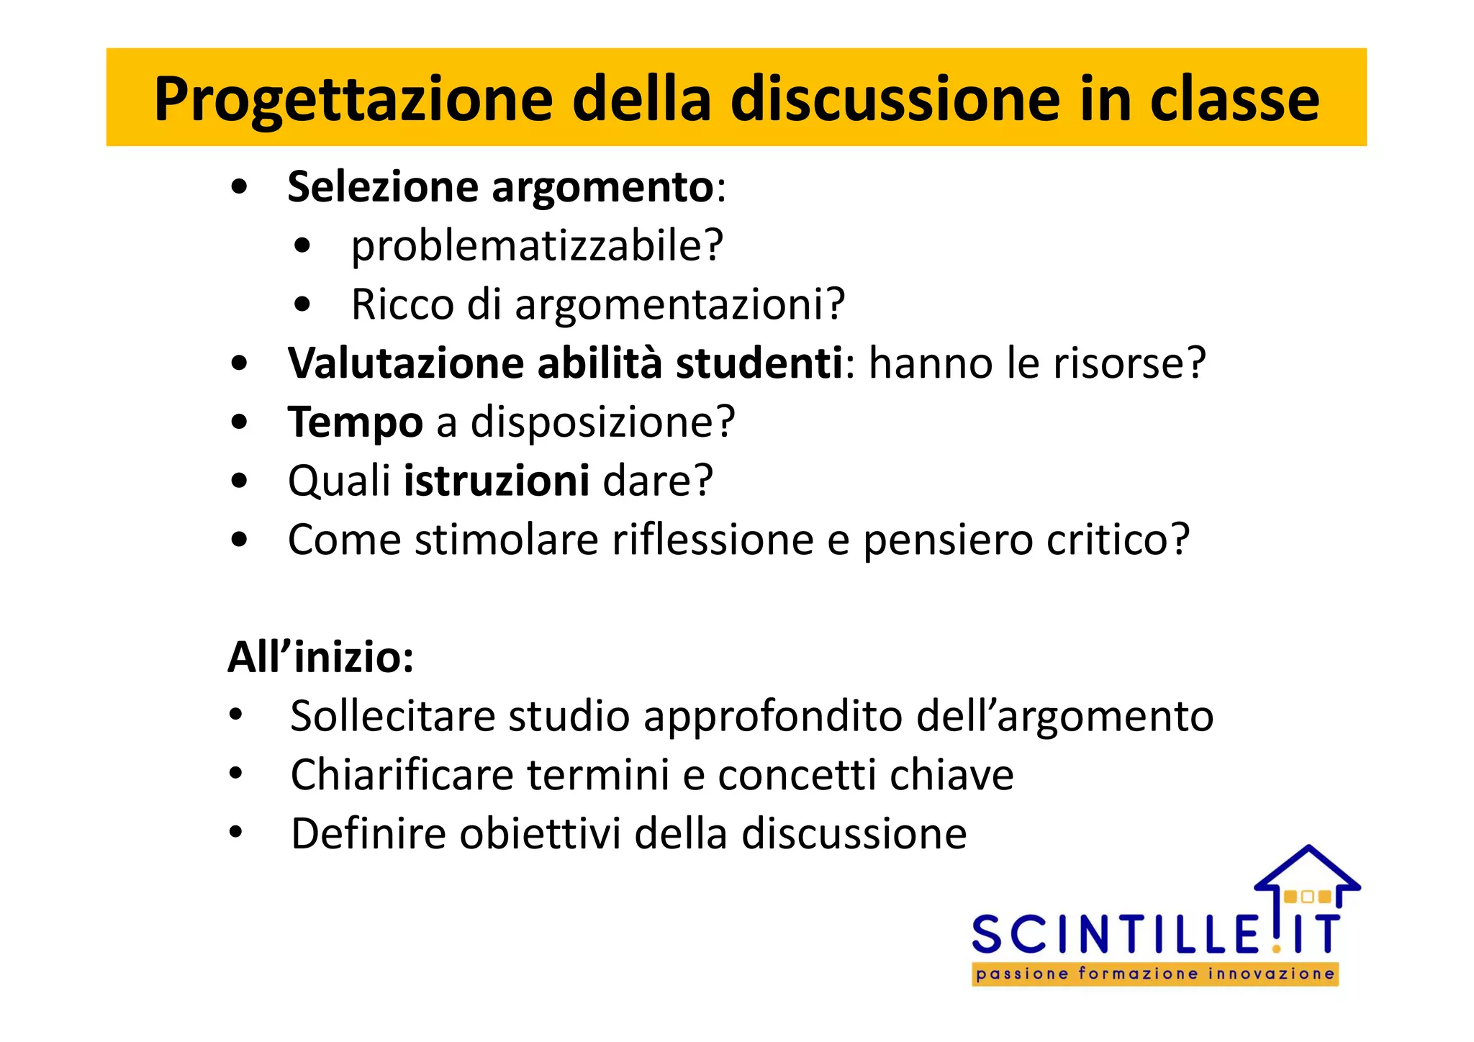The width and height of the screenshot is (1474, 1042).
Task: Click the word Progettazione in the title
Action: (353, 99)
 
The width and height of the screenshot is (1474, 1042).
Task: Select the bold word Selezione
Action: (383, 187)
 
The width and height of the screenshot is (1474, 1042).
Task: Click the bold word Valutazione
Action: (405, 363)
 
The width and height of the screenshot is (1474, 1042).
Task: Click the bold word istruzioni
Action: (497, 481)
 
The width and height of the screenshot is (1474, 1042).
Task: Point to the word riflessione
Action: (713, 540)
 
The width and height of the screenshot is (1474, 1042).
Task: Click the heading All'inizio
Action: (321, 657)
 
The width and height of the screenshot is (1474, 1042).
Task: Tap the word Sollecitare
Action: (393, 716)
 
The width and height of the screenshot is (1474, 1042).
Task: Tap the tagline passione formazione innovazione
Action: (1155, 974)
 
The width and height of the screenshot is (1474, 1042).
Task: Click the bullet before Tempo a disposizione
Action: (240, 422)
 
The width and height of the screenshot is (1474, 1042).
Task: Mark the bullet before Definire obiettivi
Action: (236, 833)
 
